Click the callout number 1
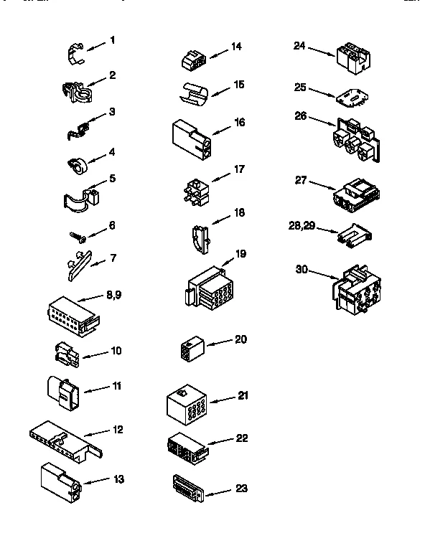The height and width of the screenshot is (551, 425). point(113,40)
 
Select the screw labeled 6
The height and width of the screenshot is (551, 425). point(78,234)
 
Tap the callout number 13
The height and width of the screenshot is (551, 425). point(119,479)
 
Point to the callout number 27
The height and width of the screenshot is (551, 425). point(301,180)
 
